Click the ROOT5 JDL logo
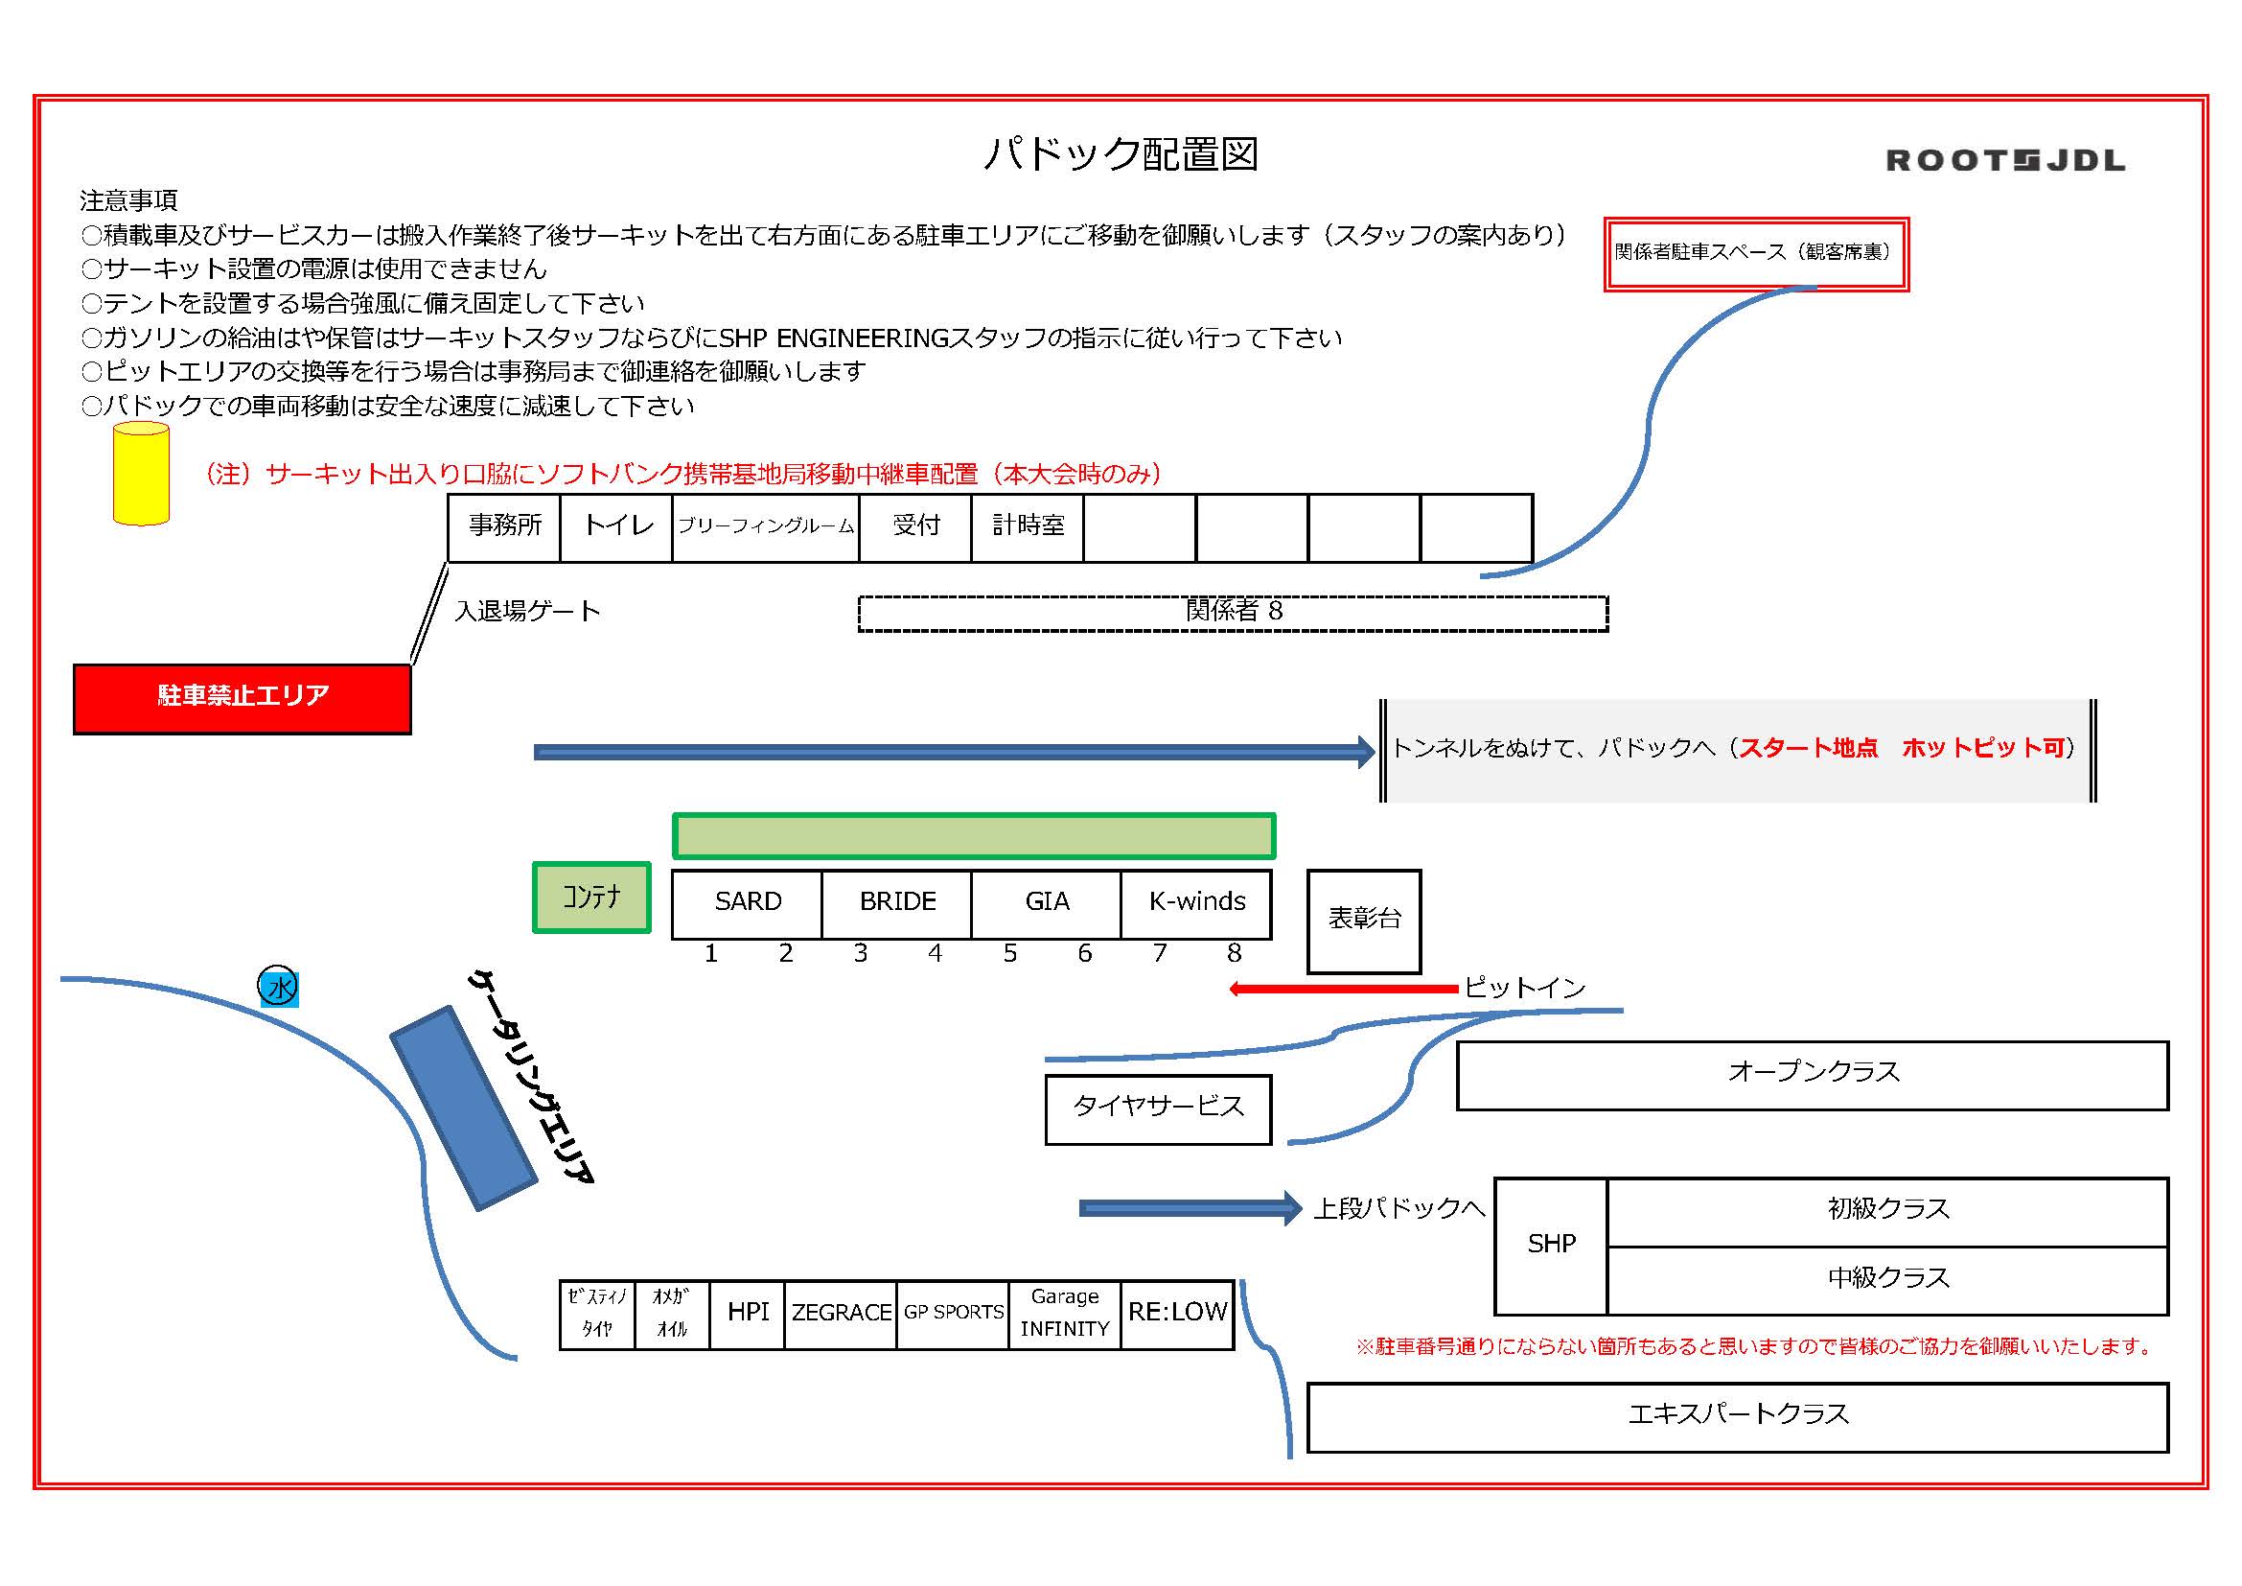tap(2004, 160)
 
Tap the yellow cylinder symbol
tap(142, 475)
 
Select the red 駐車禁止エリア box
tap(243, 698)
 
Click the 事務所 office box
tap(504, 527)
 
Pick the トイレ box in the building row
tap(616, 527)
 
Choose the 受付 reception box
tap(915, 527)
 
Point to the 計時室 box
tap(1028, 527)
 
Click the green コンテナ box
tap(591, 898)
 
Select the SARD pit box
tap(747, 903)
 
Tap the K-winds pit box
tap(1196, 903)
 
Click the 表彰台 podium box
tap(1364, 921)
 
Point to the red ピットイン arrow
tap(1343, 990)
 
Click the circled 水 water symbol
tap(278, 988)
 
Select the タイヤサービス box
tap(1158, 1109)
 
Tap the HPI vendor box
tap(747, 1315)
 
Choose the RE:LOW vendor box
tap(1177, 1315)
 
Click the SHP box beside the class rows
tap(1551, 1247)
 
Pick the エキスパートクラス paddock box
tap(1737, 1417)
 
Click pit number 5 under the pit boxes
tap(1009, 954)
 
